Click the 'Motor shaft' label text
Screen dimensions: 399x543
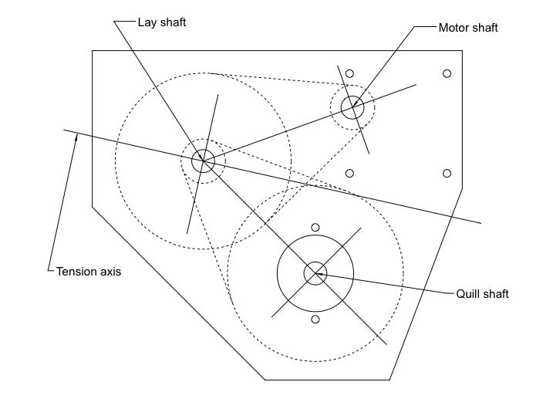click(468, 28)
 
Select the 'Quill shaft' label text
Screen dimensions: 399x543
click(483, 294)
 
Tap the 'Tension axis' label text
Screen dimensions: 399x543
click(89, 272)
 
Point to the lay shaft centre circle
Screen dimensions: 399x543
click(203, 161)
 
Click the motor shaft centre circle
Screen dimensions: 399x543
click(352, 107)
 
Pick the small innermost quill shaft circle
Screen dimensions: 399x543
click(315, 272)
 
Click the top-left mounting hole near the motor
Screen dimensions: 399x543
click(349, 74)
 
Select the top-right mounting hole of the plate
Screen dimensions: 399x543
click(447, 74)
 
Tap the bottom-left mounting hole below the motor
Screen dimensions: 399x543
click(349, 173)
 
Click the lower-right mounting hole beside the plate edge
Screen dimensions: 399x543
click(447, 173)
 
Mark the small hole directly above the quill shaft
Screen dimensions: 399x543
click(315, 227)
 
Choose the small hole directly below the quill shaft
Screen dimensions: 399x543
click(315, 319)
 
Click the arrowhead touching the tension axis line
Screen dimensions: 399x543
click(76, 138)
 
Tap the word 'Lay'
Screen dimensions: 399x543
click(146, 22)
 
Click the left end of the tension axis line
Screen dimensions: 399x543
click(65, 130)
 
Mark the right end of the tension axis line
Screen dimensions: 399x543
click(481, 223)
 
